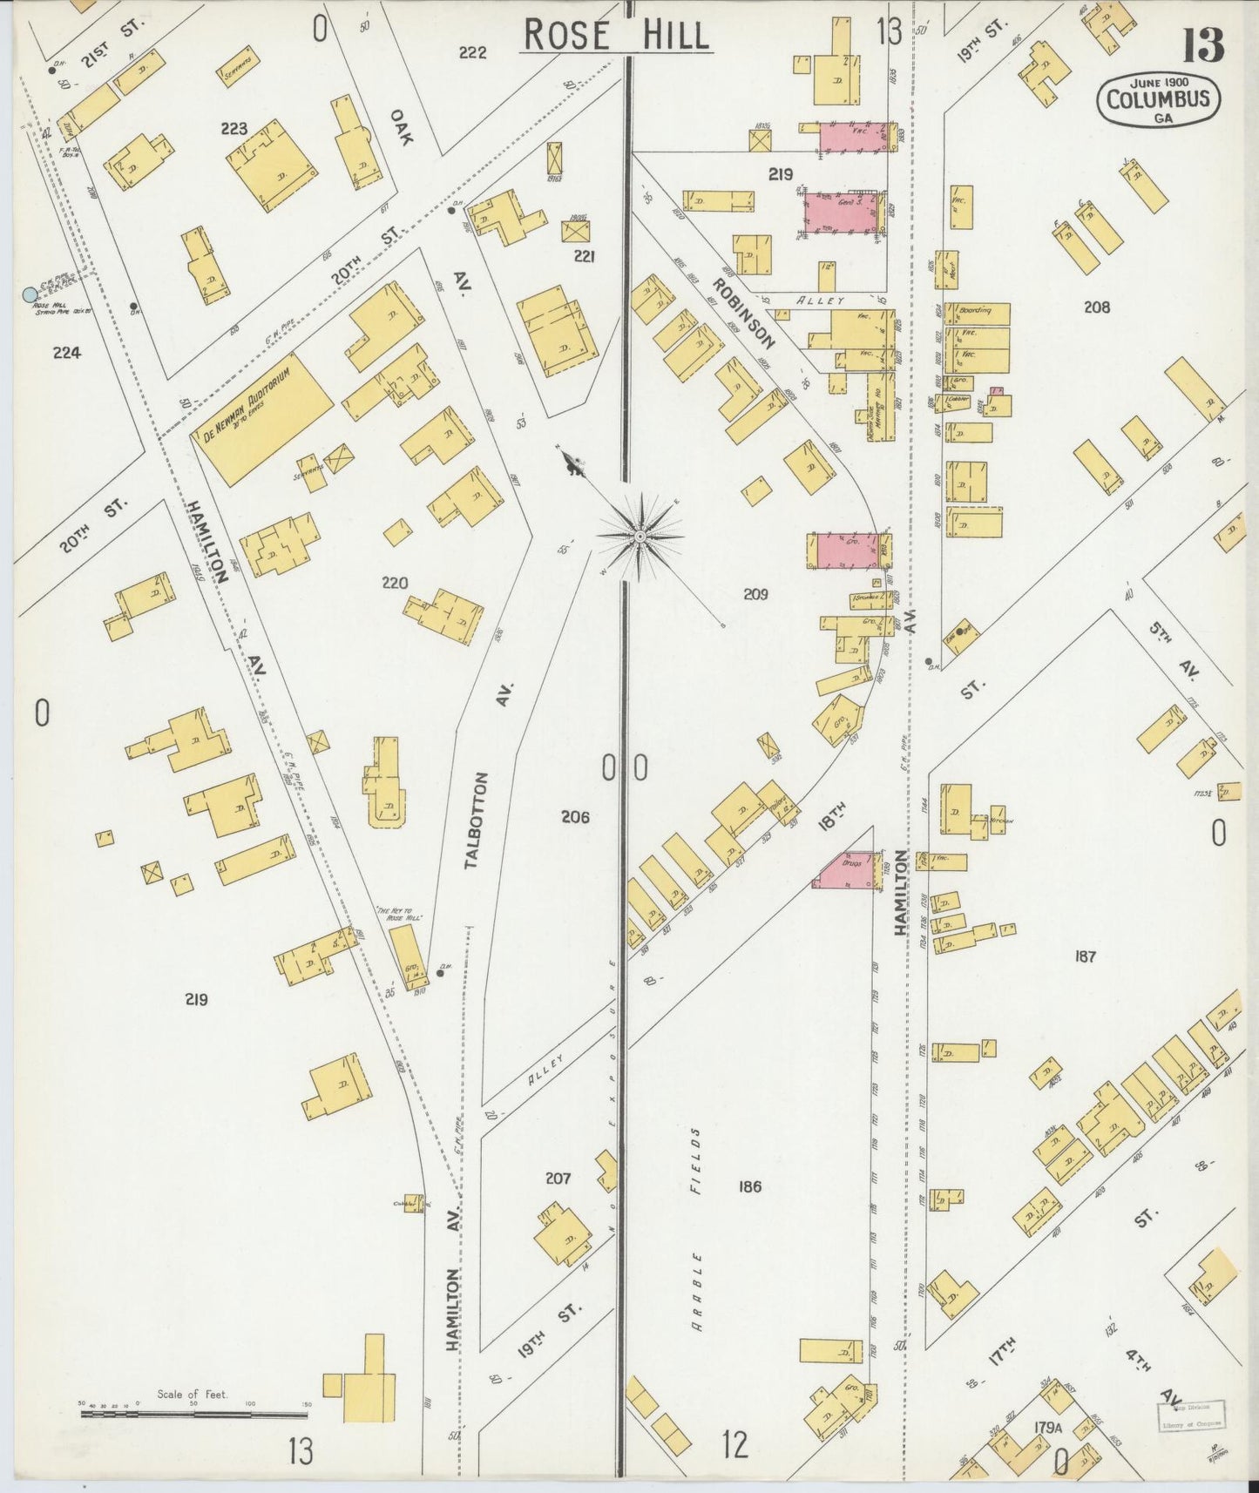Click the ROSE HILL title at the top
[x=616, y=36]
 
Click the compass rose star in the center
[x=641, y=537]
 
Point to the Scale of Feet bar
[x=193, y=1414]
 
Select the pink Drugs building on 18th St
[x=844, y=870]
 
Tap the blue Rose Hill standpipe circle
[x=31, y=295]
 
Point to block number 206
[x=575, y=817]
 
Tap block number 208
[x=1097, y=307]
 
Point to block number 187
[x=1085, y=956]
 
